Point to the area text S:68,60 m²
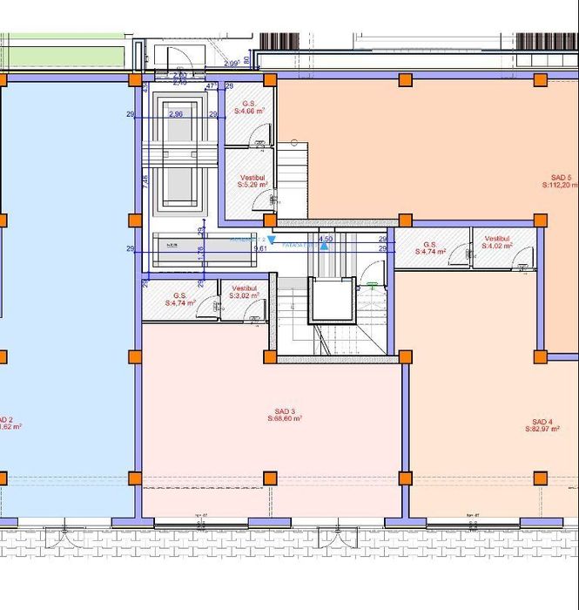285,419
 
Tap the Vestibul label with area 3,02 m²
244,288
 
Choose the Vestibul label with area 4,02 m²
496,238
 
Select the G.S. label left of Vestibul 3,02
180,295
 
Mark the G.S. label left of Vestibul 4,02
429,245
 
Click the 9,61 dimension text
259,248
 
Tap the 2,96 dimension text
176,114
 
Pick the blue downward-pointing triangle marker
272,240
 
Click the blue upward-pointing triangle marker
324,247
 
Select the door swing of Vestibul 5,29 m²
262,200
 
